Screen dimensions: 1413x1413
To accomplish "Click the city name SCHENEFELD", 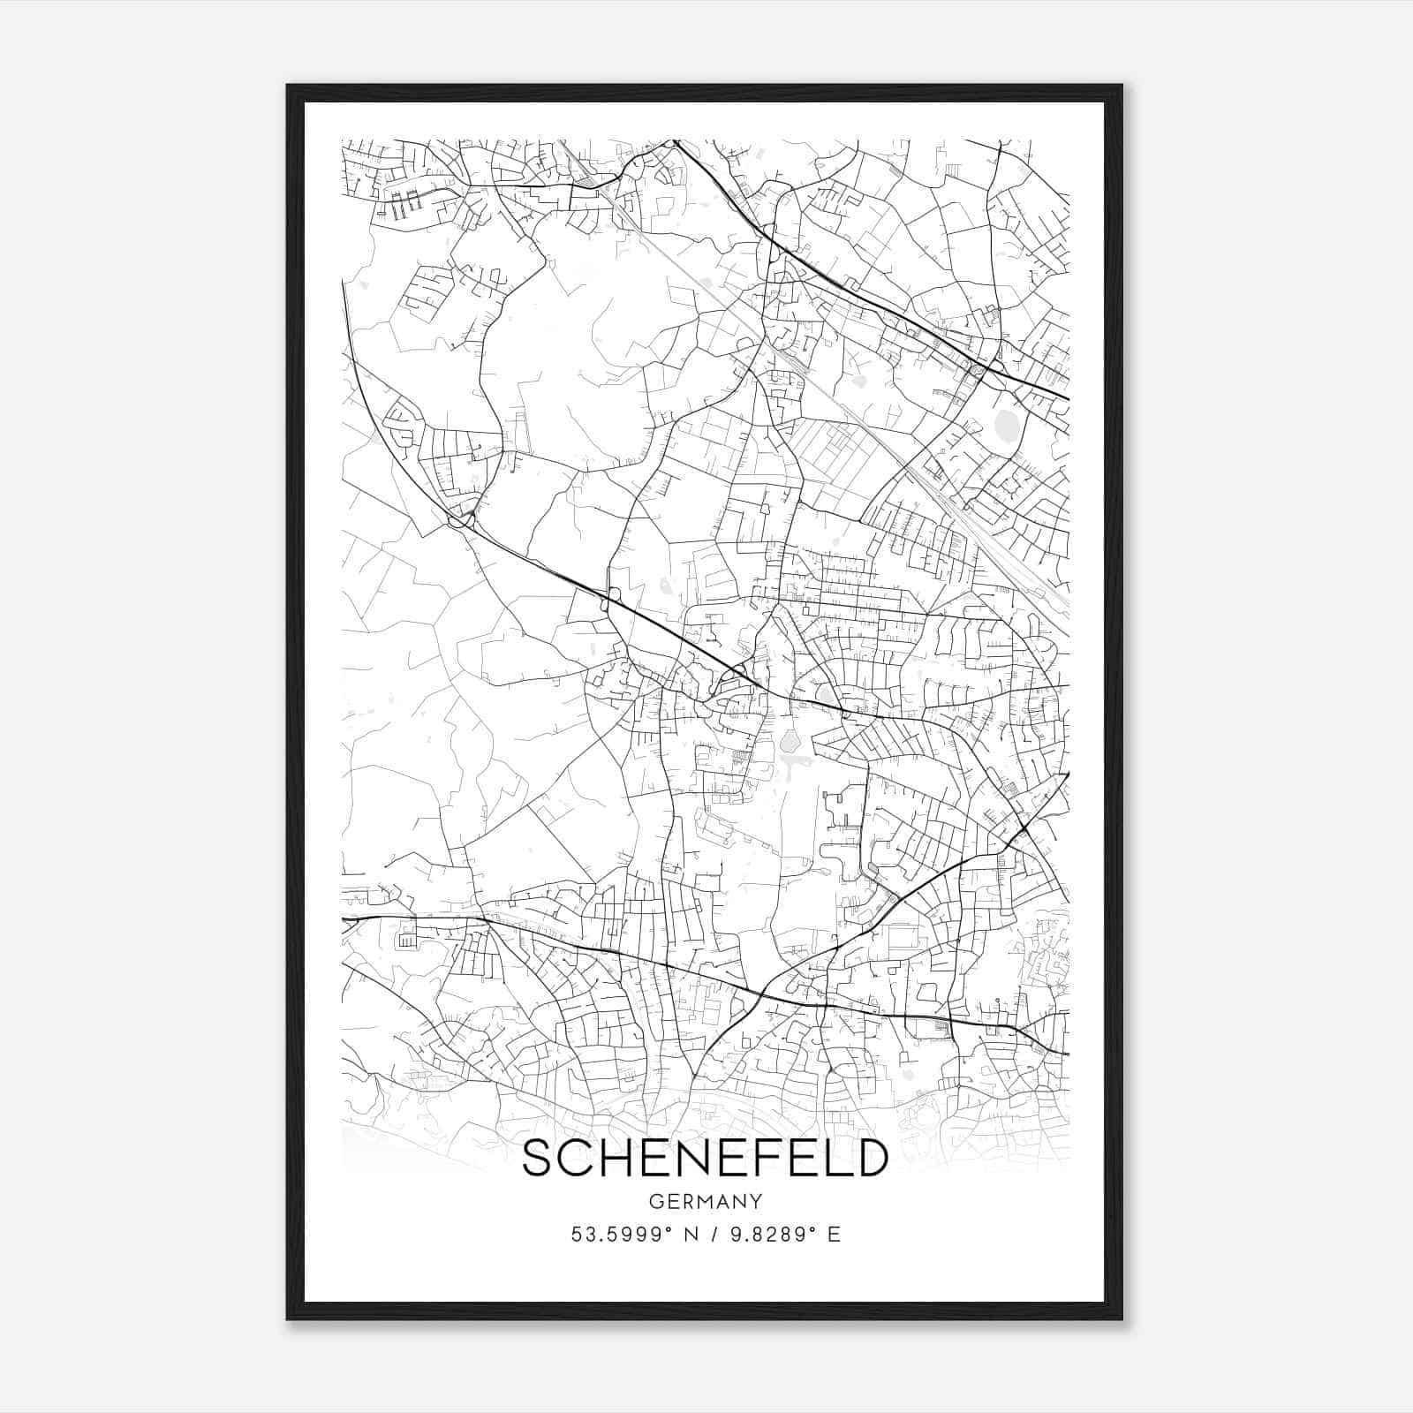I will coord(704,1158).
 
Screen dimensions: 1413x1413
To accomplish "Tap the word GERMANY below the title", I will coord(705,1202).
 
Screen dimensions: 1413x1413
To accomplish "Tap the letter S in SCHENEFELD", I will coord(540,1158).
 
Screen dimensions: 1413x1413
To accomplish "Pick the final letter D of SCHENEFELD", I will coord(869,1158).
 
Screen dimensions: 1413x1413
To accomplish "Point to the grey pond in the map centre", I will coord(789,739).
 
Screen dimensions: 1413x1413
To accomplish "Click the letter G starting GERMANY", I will coord(654,1202).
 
